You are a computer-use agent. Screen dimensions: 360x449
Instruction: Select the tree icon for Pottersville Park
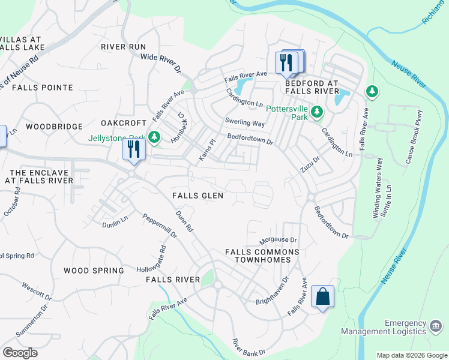click(317, 112)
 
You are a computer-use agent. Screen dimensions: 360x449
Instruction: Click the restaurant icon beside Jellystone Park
click(133, 149)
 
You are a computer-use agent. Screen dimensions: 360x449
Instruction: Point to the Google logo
click(20, 353)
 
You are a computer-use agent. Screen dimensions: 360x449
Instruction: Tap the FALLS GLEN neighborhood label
click(197, 196)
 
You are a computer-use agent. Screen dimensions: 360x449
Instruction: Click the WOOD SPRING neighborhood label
click(94, 271)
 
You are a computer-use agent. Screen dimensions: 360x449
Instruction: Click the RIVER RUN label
click(124, 47)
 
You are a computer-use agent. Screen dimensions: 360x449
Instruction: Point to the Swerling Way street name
click(244, 123)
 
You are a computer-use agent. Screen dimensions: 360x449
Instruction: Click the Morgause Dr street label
click(278, 240)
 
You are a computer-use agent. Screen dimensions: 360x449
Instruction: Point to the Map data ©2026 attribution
click(411, 355)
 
